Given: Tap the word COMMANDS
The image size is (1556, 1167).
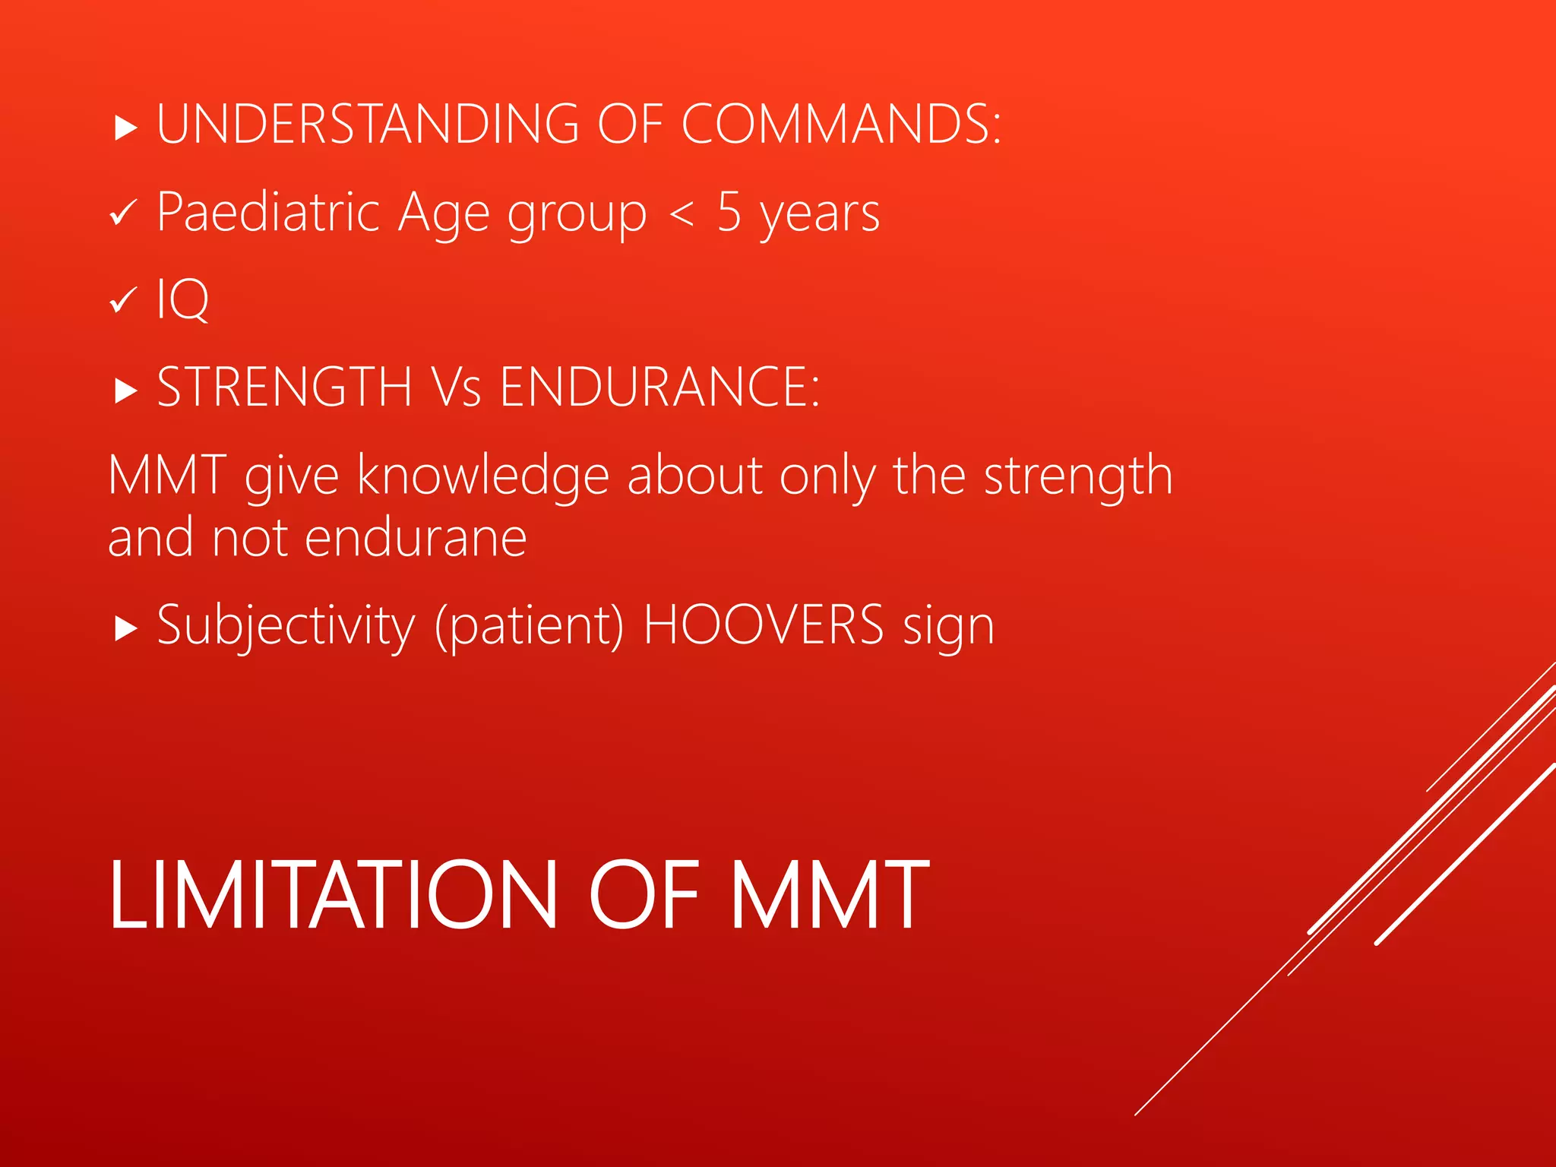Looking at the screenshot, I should tap(840, 124).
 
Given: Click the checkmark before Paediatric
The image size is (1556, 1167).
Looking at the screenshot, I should tap(123, 213).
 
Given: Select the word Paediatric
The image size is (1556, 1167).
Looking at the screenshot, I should tap(267, 212).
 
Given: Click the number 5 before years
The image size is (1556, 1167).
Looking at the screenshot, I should tap(729, 212).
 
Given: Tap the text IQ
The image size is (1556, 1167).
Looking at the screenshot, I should tap(182, 299).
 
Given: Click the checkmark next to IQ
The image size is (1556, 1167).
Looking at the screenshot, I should tap(123, 300).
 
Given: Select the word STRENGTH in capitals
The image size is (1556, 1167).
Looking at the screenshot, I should tap(284, 387).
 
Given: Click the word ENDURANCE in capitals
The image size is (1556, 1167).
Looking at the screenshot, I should tap(659, 387).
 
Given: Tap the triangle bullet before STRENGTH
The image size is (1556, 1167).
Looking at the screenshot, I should tap(125, 391).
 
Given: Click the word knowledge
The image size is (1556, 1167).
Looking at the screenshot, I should tap(483, 476).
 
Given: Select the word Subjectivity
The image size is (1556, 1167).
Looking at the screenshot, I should tap(286, 625).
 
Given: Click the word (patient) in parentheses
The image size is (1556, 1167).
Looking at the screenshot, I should tap(530, 625).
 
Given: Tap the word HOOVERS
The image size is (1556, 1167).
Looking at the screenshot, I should tap(764, 625).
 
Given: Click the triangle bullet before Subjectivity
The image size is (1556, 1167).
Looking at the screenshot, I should tap(125, 629).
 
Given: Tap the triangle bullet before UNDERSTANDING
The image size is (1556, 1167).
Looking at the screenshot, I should tap(125, 128).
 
